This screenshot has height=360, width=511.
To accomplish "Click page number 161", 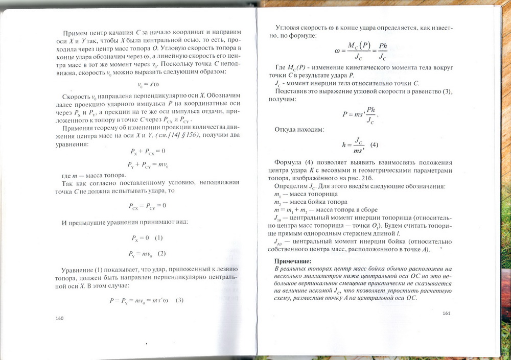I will click(x=448, y=313).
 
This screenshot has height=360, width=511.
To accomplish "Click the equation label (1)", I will click(x=158, y=238).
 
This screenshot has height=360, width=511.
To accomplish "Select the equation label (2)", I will click(x=161, y=253).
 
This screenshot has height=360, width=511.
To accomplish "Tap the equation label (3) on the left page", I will click(x=179, y=300).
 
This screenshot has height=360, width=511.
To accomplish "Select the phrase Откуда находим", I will click(x=299, y=130).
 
